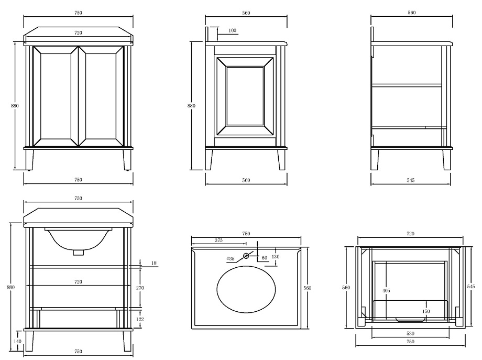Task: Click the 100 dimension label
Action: click(233, 30)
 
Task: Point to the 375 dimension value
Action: click(218, 241)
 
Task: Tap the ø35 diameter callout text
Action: click(230, 259)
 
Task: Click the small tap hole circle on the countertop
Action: click(246, 256)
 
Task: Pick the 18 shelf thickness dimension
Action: click(154, 263)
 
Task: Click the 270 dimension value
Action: click(140, 288)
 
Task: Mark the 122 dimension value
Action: click(140, 319)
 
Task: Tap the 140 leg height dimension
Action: click(17, 341)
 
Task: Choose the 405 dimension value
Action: click(386, 290)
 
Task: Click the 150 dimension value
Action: click(426, 311)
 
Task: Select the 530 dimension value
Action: click(410, 333)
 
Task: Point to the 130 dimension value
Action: click(276, 256)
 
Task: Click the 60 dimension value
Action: click(265, 258)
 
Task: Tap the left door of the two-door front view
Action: click(56, 96)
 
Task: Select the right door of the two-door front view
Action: click(102, 96)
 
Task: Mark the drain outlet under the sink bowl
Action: click(79, 253)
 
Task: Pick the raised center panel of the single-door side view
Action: click(245, 96)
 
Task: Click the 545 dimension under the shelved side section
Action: click(411, 180)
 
